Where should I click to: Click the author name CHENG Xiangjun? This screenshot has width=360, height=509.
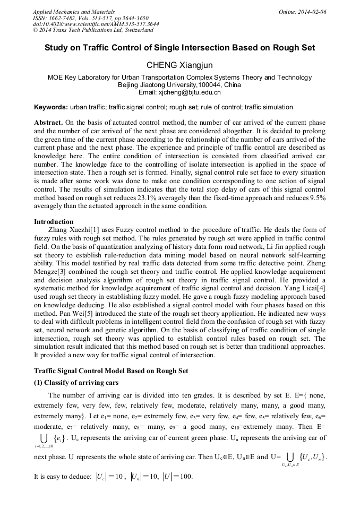[x=179, y=66]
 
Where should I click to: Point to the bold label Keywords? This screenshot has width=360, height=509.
[x=51, y=107]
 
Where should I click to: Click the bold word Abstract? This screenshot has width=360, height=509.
[x=49, y=122]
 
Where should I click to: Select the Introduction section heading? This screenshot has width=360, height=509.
[x=54, y=221]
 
